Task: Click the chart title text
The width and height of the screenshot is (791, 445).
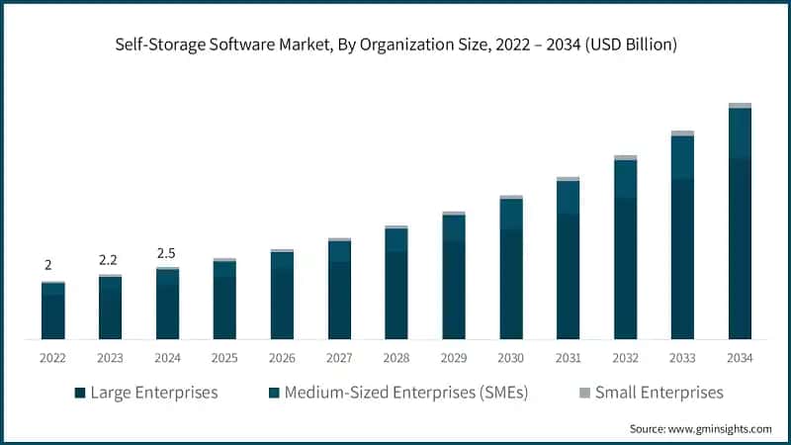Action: point(395,44)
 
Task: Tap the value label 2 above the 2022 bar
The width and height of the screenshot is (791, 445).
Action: point(47,265)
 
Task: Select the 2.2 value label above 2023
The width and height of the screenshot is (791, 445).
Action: point(109,259)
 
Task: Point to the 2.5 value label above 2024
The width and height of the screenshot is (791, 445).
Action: point(166,253)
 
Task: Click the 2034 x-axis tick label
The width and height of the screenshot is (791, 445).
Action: point(740,358)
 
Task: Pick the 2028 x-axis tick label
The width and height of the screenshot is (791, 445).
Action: point(395,358)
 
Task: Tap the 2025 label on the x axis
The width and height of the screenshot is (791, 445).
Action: point(223,358)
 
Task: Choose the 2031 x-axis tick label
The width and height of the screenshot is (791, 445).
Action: point(568,358)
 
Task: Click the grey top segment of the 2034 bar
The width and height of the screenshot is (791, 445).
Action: point(740,105)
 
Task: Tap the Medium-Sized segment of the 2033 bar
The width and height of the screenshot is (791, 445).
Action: point(682,157)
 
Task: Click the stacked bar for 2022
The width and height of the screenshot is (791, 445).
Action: point(52,311)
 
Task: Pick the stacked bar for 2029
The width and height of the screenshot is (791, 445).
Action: point(453,277)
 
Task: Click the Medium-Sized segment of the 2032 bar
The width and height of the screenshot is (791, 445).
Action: point(625,179)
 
